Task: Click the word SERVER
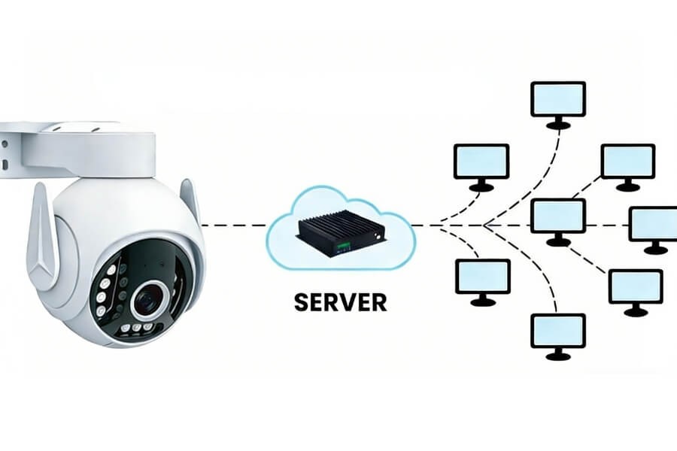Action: pos(340,301)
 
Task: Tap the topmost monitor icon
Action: pos(557,98)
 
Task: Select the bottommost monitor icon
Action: pos(557,331)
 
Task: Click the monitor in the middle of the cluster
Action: pos(557,216)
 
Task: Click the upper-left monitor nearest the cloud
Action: pos(481,162)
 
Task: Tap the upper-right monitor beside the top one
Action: pos(627,162)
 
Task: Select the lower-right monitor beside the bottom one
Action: pos(635,286)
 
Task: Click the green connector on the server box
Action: pos(343,245)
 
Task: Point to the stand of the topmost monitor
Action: pos(557,124)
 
